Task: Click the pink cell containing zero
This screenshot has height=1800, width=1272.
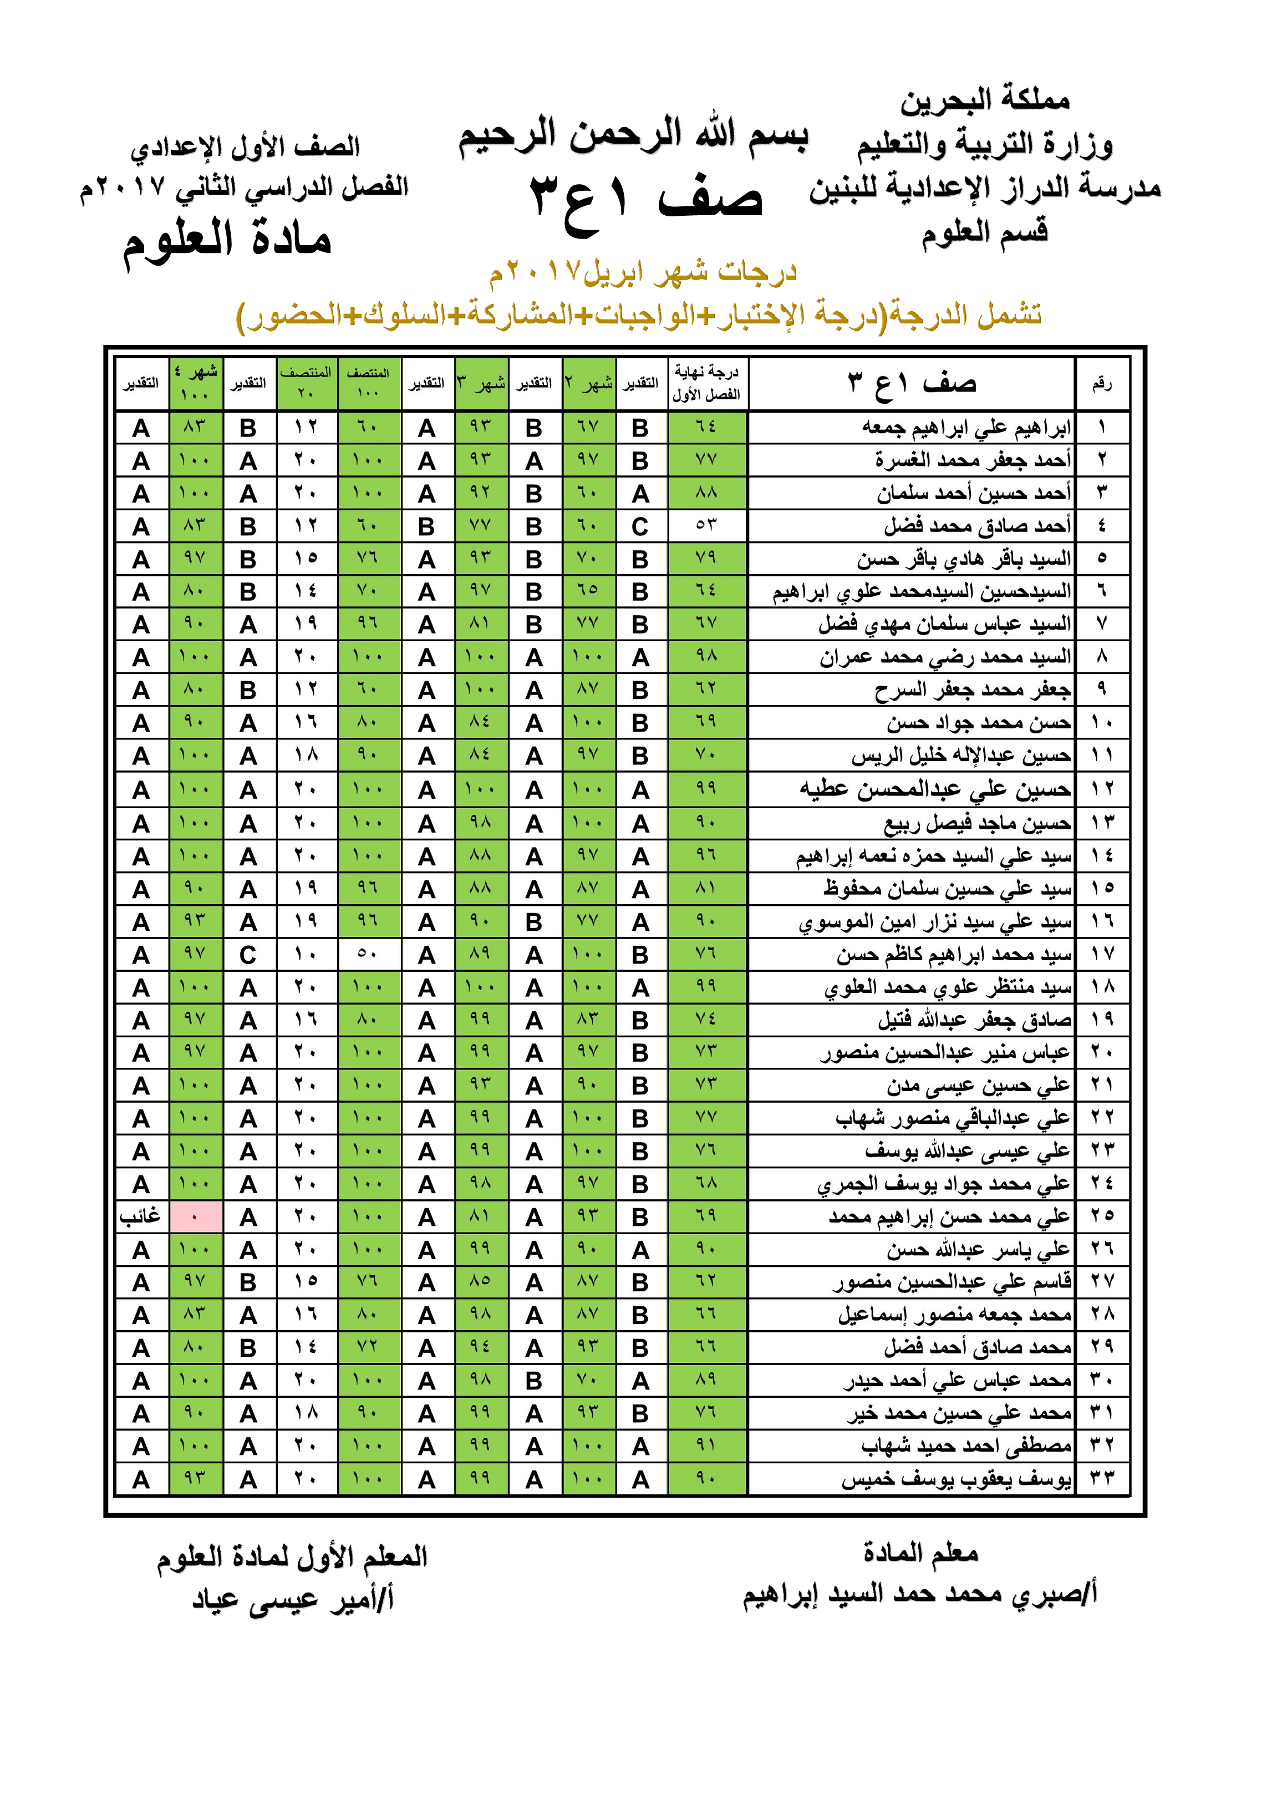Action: click(x=195, y=1216)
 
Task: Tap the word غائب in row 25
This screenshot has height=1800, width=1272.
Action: click(x=140, y=1216)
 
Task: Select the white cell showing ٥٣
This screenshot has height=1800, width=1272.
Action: click(x=706, y=525)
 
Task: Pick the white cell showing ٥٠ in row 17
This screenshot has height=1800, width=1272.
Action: click(x=368, y=954)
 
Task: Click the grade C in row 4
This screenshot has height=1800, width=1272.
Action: click(x=640, y=526)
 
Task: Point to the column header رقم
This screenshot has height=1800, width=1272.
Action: click(x=1102, y=383)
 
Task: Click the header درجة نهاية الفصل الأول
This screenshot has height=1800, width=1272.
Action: click(x=706, y=383)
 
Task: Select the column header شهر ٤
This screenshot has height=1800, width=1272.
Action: click(x=195, y=383)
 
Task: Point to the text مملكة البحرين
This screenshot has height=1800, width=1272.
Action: click(x=984, y=100)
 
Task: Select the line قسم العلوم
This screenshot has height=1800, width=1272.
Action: click(x=984, y=232)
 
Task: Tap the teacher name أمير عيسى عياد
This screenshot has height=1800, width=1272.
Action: click(x=293, y=1599)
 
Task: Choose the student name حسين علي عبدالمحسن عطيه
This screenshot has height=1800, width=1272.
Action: click(x=935, y=789)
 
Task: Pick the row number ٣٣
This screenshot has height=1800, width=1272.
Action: click(x=1102, y=1479)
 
